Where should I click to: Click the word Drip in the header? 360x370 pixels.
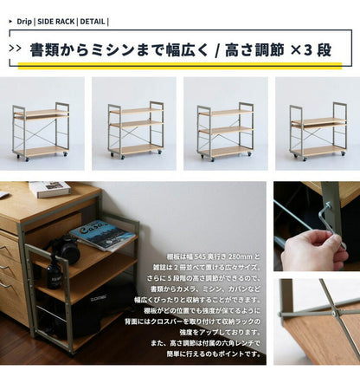pyautogui.click(x=23, y=21)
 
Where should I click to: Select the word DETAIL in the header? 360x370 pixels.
pyautogui.click(x=93, y=21)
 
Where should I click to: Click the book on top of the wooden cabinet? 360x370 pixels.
pyautogui.click(x=49, y=189)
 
